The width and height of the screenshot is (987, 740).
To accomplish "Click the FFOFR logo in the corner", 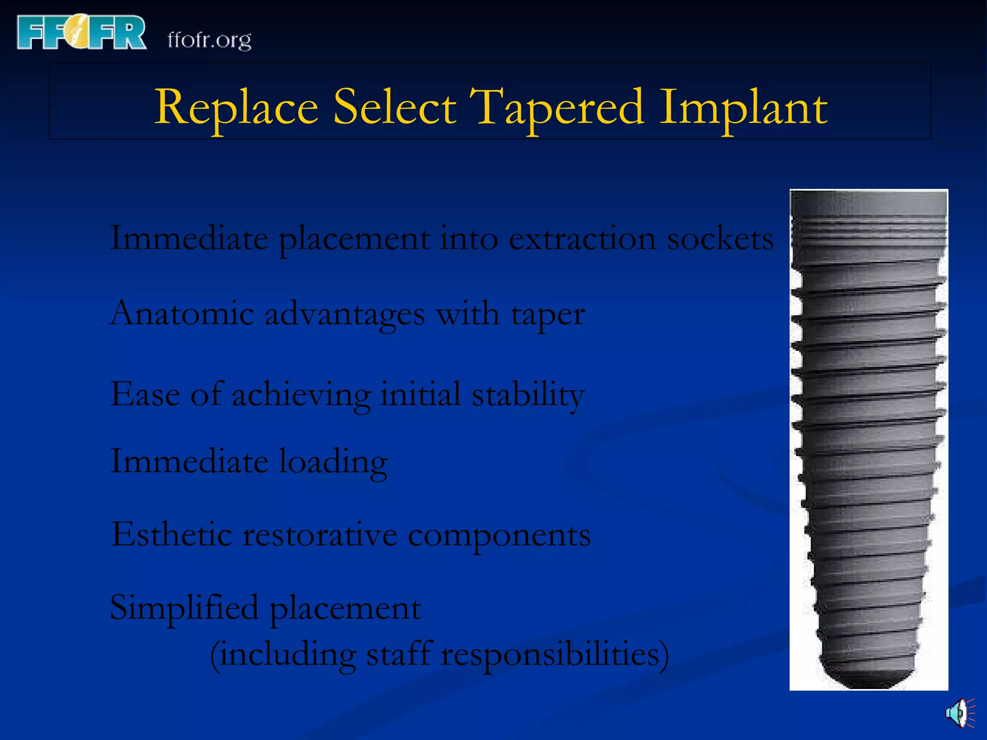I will (x=81, y=32).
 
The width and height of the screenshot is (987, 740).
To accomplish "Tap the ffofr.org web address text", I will (x=209, y=40).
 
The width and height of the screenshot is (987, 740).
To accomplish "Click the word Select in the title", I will (x=394, y=107).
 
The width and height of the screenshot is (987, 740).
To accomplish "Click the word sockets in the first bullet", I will (x=720, y=238).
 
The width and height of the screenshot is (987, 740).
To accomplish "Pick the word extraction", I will (x=582, y=238).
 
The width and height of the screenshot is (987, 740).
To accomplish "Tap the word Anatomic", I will (x=182, y=314).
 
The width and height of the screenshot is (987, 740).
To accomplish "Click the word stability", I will (x=528, y=395).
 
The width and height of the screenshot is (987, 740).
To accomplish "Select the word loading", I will (x=333, y=462).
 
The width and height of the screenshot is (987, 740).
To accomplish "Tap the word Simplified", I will (x=184, y=608).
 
